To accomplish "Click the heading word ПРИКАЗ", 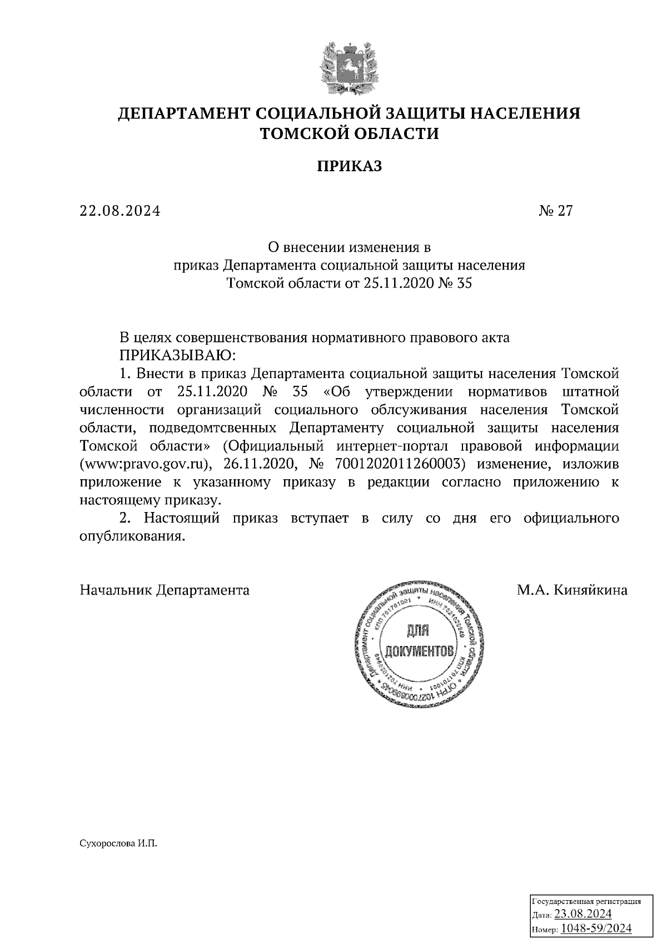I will (350, 166).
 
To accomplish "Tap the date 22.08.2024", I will (120, 211).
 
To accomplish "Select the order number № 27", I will (555, 211).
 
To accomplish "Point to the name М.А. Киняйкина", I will (572, 590).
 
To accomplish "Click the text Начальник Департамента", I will (165, 590).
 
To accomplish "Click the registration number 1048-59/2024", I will (596, 928).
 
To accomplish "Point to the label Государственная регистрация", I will (587, 901).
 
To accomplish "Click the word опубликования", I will (132, 537).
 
